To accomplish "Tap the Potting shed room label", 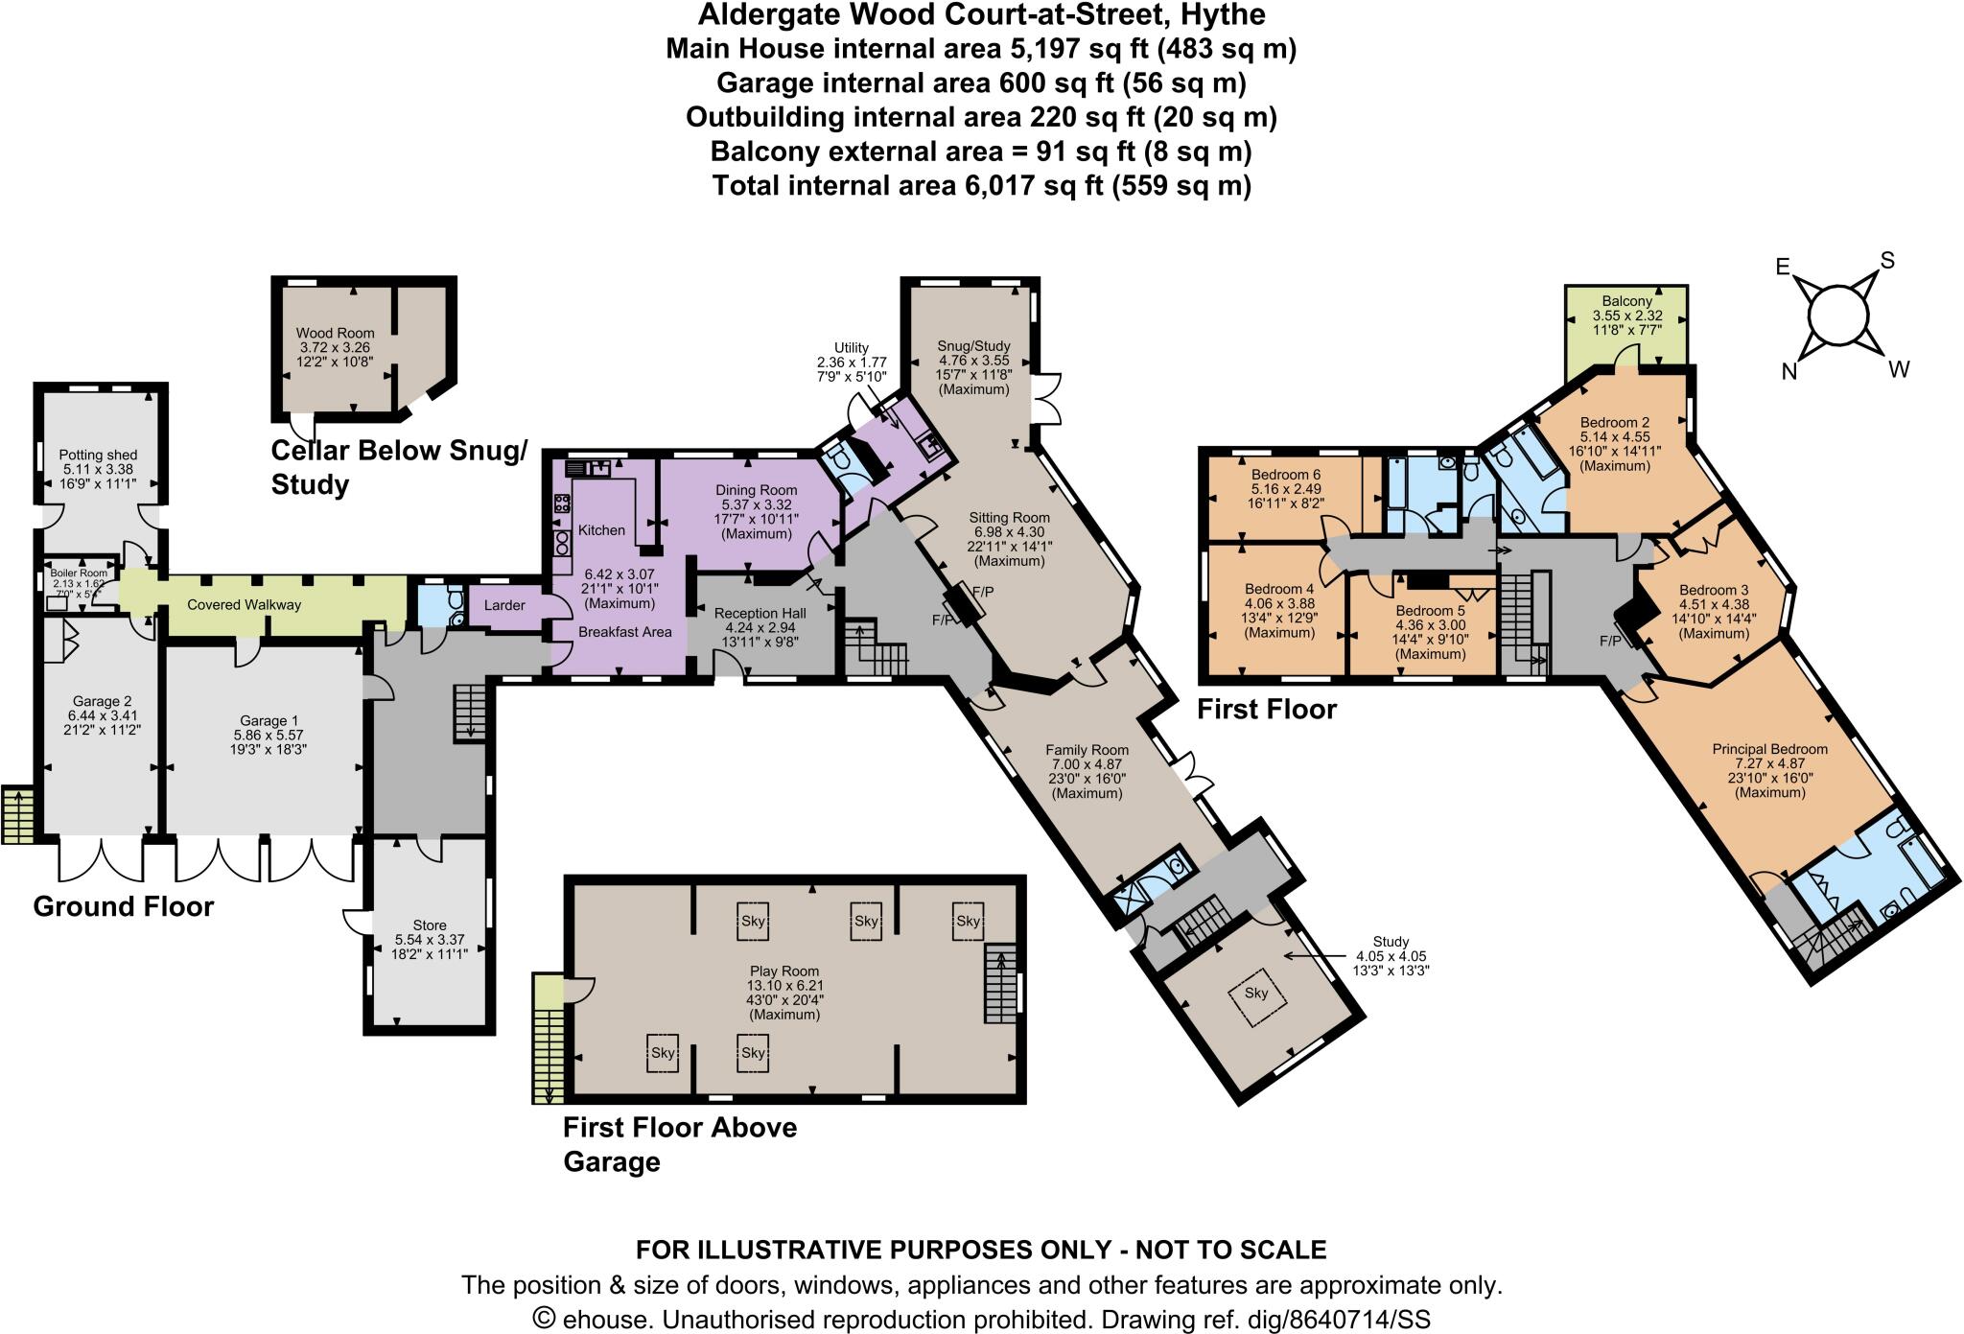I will click(x=98, y=455).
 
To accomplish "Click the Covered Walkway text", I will click(x=245, y=605).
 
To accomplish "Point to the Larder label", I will click(x=503, y=605).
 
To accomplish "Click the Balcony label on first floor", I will click(x=1627, y=301).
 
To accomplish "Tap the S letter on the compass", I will click(x=1886, y=260).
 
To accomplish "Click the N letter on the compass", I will click(x=1789, y=372).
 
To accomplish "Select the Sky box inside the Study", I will click(x=1256, y=994).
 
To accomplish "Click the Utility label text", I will click(x=851, y=348).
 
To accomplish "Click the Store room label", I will click(x=429, y=925).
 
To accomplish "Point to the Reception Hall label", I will click(x=760, y=613).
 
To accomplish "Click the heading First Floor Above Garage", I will click(x=679, y=1144).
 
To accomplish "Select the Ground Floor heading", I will click(x=123, y=906).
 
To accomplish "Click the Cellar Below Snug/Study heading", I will click(x=398, y=467).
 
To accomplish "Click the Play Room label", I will click(x=784, y=971).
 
